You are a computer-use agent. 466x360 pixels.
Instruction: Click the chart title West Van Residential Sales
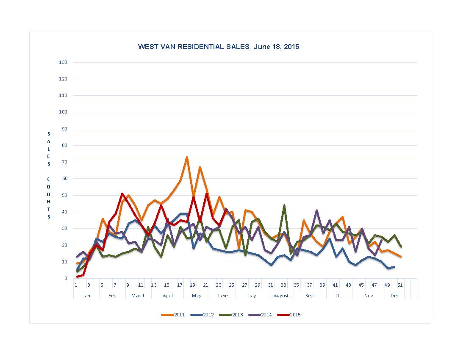pos(219,47)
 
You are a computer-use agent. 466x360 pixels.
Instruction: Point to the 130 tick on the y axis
pos(63,62)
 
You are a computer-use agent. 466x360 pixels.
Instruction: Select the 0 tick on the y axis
pos(66,278)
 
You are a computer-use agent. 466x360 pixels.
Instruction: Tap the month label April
pos(167,296)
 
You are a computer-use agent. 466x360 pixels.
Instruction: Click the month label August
pos(281,296)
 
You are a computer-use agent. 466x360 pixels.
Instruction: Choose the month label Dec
pos(395,296)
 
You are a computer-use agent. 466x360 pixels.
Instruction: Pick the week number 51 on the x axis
pos(400,285)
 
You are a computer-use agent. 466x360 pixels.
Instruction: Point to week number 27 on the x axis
pos(244,285)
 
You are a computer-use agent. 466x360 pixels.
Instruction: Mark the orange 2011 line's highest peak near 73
pos(187,157)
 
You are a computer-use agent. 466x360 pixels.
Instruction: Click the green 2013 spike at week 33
pos(284,205)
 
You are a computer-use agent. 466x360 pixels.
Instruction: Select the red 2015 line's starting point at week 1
pos(77,277)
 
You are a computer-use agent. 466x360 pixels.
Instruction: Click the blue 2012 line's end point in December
pos(394,267)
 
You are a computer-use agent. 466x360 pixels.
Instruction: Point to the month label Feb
pos(112,296)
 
